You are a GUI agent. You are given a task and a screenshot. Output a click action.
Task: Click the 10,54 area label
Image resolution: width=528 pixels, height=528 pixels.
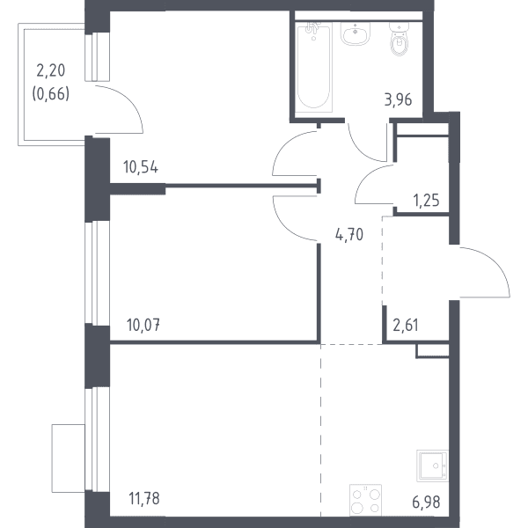point(141,167)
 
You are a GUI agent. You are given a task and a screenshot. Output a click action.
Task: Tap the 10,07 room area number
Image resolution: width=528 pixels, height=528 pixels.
point(143,325)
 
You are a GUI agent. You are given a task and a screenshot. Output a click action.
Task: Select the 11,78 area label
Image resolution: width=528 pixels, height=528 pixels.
point(144,498)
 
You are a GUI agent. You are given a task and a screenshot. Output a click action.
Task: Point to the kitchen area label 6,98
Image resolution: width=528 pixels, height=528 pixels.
point(426,502)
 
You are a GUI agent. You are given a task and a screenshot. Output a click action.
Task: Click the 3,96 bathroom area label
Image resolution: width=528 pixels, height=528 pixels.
point(399,100)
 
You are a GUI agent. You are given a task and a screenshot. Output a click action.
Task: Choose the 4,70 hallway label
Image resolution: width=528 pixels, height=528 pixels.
point(349,234)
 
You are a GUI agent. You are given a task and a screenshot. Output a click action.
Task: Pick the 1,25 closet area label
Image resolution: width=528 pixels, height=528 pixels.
point(426,201)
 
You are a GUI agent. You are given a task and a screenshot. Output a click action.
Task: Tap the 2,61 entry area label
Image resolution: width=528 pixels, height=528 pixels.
point(406,325)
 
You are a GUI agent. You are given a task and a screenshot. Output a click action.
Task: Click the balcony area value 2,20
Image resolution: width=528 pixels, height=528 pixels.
point(51,70)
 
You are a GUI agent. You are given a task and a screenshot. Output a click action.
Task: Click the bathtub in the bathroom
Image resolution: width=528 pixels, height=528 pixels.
point(314,68)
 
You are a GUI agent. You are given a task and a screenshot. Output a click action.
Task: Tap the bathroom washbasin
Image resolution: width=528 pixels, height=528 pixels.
point(356,33)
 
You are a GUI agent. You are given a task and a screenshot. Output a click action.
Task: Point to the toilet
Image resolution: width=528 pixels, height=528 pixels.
point(400,39)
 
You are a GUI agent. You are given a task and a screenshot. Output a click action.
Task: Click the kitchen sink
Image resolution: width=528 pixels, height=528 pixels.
point(433,466)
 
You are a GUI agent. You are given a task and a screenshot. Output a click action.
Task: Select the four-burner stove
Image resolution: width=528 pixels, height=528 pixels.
point(366,500)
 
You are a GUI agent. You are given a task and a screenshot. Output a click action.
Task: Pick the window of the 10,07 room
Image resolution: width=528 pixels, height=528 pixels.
point(97,273)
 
